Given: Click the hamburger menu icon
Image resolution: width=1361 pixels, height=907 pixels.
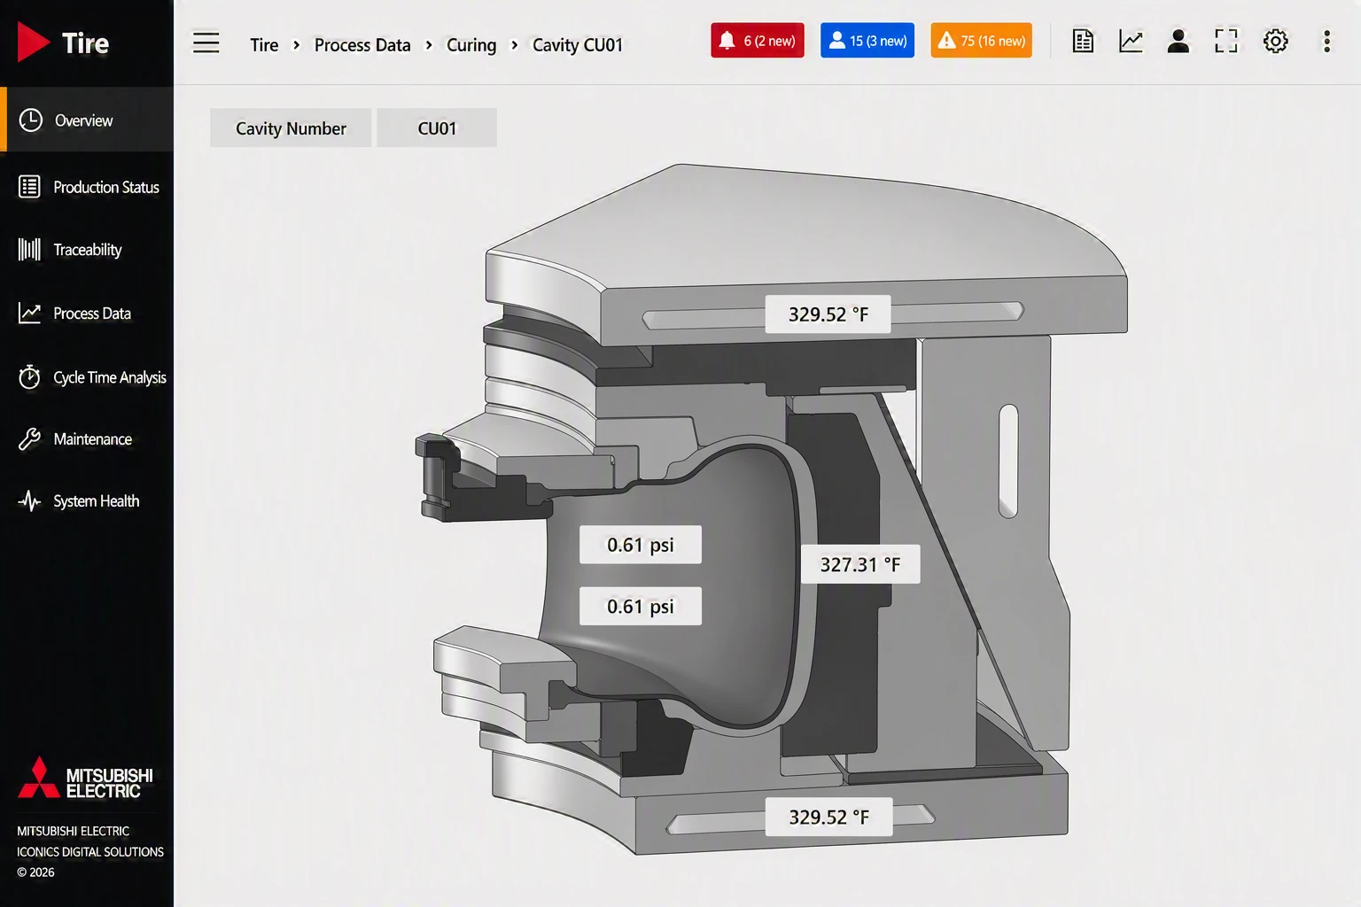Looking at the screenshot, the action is (x=206, y=43).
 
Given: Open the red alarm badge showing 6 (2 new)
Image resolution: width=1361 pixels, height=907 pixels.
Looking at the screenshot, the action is (x=757, y=41).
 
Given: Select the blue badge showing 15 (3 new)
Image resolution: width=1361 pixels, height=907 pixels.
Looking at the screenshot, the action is (x=867, y=41).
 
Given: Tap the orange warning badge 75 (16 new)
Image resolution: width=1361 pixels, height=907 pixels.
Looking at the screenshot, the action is (x=981, y=41).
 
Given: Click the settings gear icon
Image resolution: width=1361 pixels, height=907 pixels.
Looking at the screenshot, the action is (x=1275, y=42).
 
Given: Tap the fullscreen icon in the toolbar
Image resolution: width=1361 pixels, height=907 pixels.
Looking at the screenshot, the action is (x=1226, y=42).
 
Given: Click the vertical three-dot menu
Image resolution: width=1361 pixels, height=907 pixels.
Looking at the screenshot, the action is (x=1327, y=42).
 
